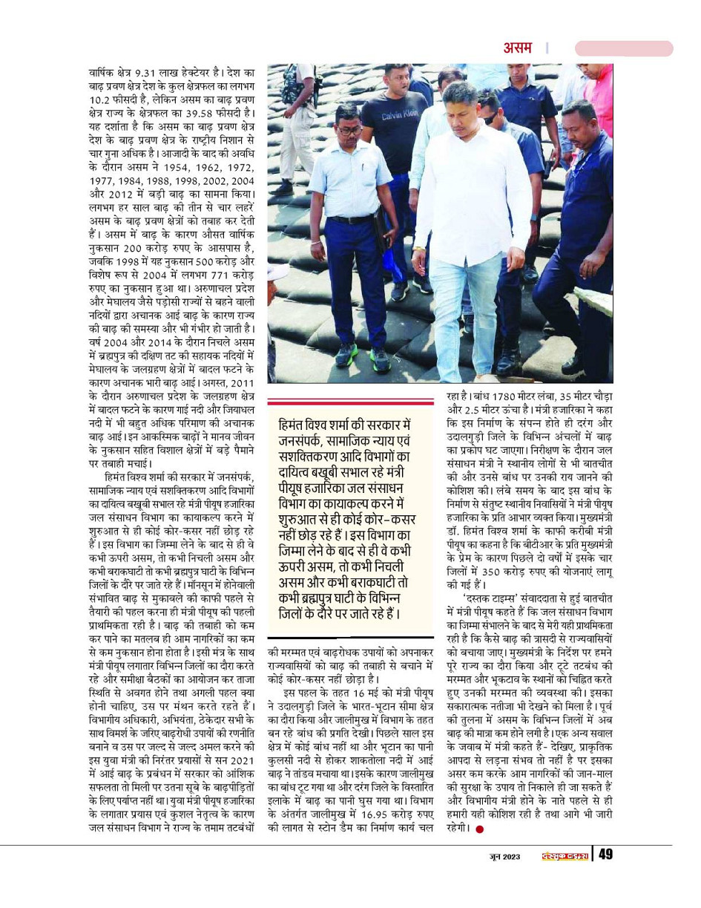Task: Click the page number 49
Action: (x=605, y=855)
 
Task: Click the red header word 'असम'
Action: (x=517, y=48)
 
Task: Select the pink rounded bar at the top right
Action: (x=623, y=48)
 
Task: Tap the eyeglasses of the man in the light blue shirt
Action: (x=349, y=130)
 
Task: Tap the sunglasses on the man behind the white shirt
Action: (x=490, y=118)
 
